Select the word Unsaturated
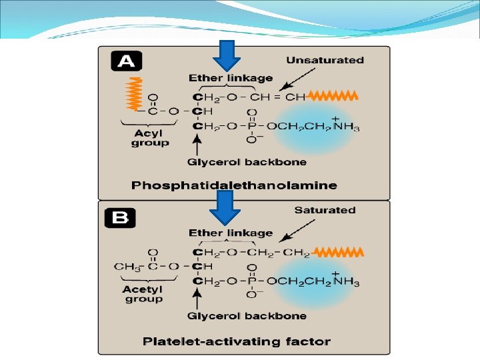(x=325, y=60)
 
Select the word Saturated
(x=325, y=210)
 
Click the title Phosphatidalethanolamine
(x=234, y=185)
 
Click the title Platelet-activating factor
(x=237, y=341)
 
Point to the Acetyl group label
(x=143, y=294)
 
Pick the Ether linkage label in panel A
(x=231, y=78)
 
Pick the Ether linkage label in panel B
(x=231, y=233)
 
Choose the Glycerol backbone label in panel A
(x=247, y=162)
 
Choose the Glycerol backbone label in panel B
(x=247, y=316)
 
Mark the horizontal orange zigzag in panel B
(x=338, y=252)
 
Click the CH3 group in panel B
(x=125, y=267)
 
